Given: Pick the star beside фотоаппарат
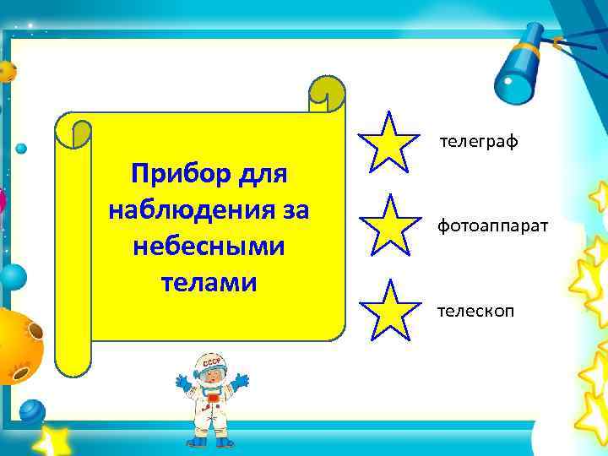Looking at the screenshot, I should tap(389, 225).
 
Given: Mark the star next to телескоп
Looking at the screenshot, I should tap(389, 310).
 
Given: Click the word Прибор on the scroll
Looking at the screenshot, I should tap(173, 176).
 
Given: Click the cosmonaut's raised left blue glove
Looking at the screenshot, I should tap(183, 383).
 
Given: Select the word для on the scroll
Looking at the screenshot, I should tap(261, 176).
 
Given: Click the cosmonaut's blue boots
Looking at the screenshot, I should tap(209, 440).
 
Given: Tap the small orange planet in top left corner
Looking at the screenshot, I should tap(8, 71).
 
